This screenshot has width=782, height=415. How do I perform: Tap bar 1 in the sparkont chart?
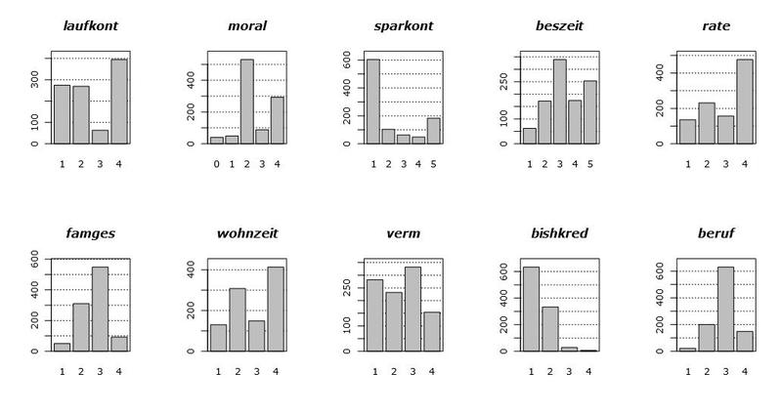coord(372,102)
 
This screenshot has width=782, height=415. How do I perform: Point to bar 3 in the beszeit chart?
coord(559,102)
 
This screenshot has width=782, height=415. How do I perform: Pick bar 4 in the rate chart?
coord(745,102)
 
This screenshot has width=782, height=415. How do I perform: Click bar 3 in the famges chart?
coord(100,309)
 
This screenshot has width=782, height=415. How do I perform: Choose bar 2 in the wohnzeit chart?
coord(238,319)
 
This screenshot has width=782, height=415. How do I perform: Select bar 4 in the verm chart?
coord(431,331)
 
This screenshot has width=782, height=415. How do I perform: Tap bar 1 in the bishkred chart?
coord(531,309)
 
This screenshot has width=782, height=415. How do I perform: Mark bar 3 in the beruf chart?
coord(725,309)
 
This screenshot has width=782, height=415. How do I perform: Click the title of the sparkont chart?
coord(403,25)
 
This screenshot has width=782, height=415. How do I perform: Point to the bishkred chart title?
coord(559,233)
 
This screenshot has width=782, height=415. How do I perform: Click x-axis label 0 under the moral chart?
coord(216,163)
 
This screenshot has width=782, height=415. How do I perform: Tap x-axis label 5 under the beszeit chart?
coord(590,163)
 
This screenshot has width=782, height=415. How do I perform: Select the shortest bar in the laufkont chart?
coord(100,137)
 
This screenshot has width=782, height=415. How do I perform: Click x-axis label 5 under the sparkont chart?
coord(433,163)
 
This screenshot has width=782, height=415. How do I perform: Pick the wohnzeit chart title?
coord(246,233)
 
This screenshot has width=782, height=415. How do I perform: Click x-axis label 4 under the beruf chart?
coord(745,371)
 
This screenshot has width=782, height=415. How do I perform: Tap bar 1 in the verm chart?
coord(373,314)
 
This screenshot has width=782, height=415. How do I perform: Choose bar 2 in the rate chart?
coord(707,123)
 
